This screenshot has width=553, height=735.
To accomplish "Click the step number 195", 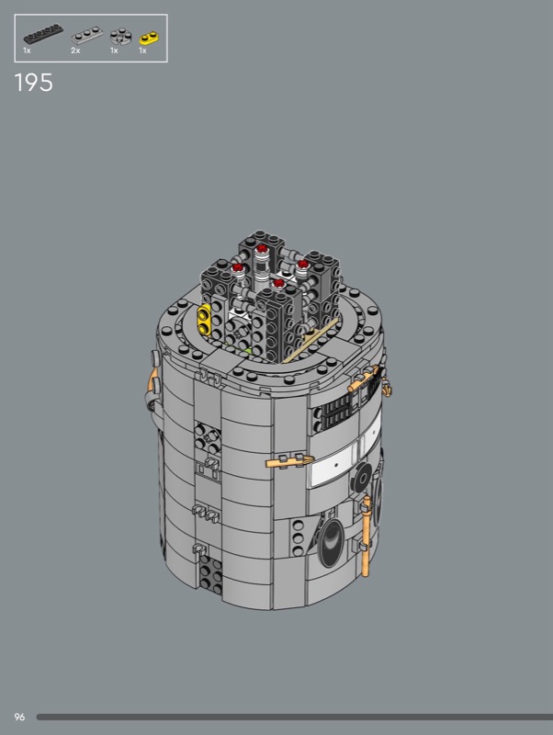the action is [x=34, y=83].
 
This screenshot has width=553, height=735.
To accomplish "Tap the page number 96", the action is [x=19, y=717].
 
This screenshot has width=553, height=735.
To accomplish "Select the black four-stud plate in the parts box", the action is [x=43, y=34].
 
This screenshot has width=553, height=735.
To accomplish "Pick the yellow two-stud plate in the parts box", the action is [x=149, y=38].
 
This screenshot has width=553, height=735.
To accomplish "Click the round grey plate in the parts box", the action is [x=120, y=36].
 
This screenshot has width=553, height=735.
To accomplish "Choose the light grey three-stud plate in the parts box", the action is [x=87, y=35].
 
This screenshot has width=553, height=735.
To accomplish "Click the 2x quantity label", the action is [x=75, y=51].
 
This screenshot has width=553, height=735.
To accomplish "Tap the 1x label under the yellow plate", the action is [x=142, y=51].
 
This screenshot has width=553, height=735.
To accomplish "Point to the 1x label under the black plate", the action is [x=28, y=51].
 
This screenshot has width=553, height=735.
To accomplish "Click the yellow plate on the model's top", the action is [x=205, y=319].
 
